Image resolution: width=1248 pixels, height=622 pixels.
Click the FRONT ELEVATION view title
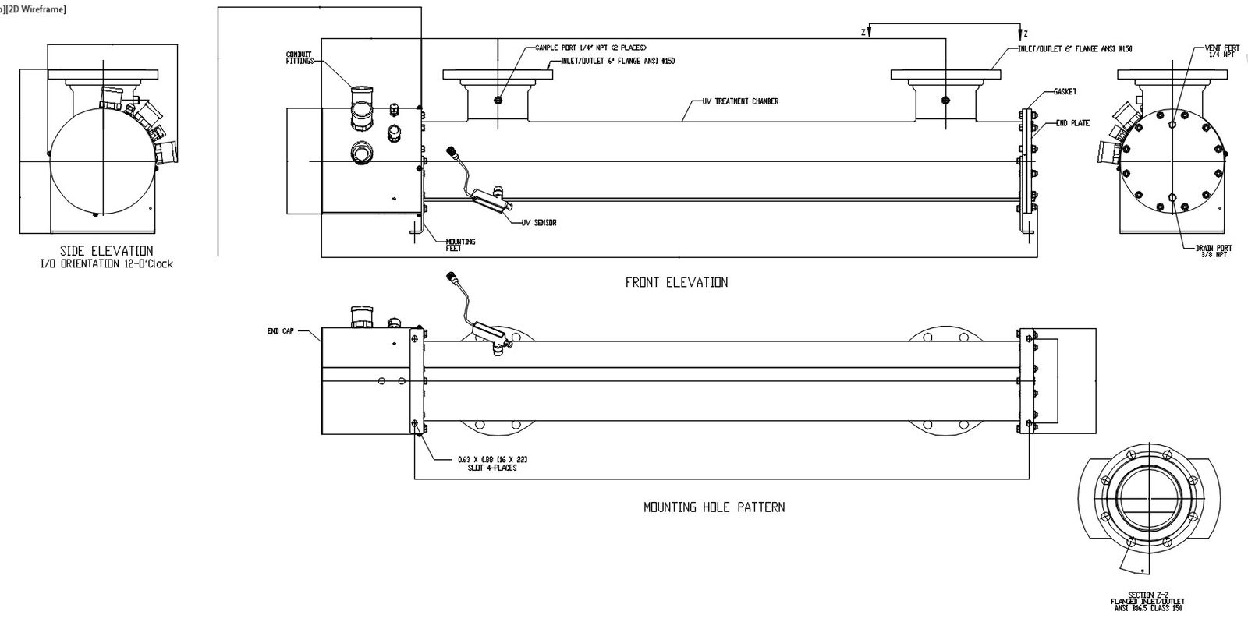click(x=676, y=282)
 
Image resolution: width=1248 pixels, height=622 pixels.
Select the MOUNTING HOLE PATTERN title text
click(x=714, y=507)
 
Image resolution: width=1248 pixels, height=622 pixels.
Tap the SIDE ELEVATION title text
click(x=107, y=251)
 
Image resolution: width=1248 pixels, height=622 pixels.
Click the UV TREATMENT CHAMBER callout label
click(x=740, y=101)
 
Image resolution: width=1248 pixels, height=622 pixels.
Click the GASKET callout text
click(x=1065, y=91)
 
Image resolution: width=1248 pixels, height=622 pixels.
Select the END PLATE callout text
click(x=1072, y=123)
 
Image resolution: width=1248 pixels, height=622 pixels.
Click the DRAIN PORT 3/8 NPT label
click(x=1212, y=251)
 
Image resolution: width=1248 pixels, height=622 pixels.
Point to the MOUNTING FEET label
click(x=460, y=245)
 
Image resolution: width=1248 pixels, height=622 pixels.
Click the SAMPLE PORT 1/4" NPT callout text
click(x=590, y=48)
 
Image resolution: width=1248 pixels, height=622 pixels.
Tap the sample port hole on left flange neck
click(x=498, y=100)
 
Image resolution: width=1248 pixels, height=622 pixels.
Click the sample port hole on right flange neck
click(x=945, y=100)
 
